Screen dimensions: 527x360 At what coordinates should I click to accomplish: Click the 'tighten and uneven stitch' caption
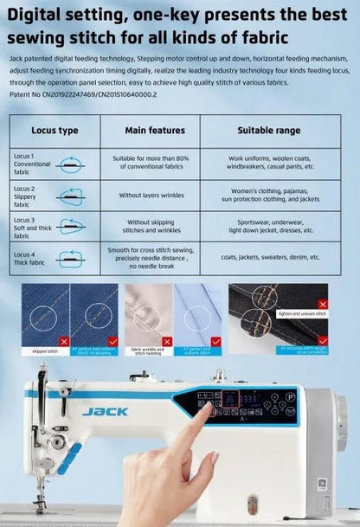(298, 314)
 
